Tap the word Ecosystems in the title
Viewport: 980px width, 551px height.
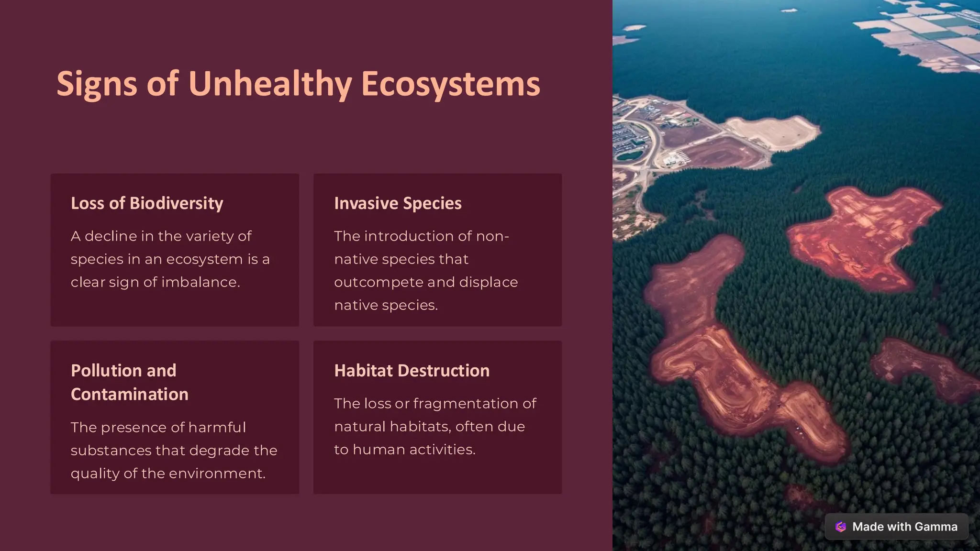click(450, 84)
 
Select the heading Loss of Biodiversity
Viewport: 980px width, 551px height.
click(147, 203)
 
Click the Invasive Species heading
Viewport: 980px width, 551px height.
click(398, 203)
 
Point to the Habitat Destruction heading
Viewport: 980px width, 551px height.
click(412, 371)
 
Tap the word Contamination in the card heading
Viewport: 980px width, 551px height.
click(129, 394)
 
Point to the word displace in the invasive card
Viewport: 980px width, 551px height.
click(488, 282)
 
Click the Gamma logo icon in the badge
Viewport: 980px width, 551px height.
click(841, 527)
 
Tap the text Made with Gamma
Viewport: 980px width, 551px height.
click(904, 527)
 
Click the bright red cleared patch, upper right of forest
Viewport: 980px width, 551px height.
click(861, 234)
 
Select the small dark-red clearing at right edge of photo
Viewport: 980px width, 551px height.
click(919, 368)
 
